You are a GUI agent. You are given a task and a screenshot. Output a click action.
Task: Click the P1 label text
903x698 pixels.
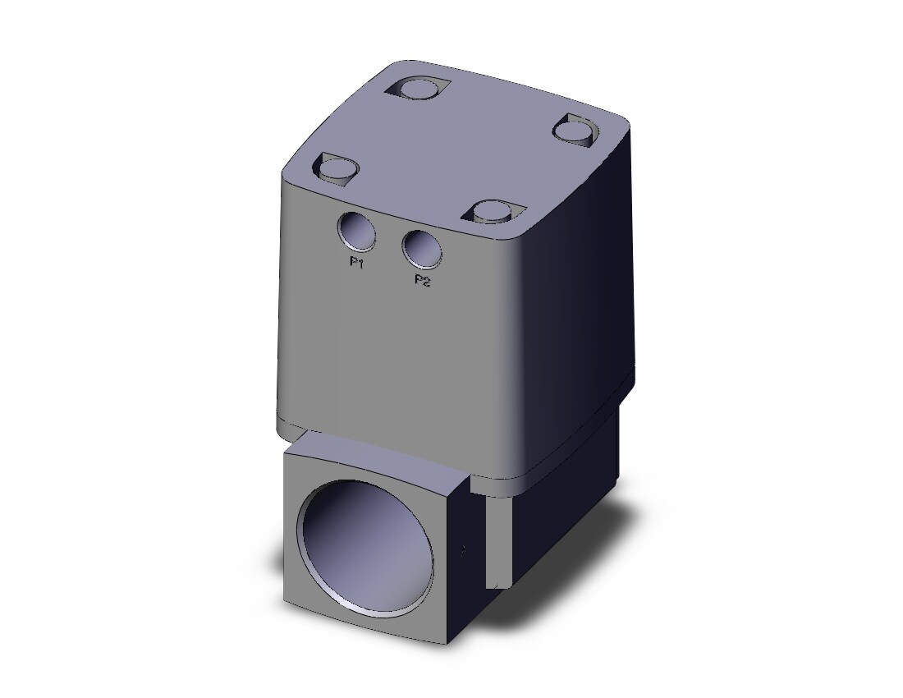pos(356,263)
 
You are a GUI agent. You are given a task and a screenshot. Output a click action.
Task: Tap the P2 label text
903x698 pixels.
pos(423,281)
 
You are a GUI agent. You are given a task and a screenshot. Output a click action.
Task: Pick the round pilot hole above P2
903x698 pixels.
pos(423,250)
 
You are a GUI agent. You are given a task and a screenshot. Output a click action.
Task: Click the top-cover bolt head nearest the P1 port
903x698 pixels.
pos(338,168)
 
